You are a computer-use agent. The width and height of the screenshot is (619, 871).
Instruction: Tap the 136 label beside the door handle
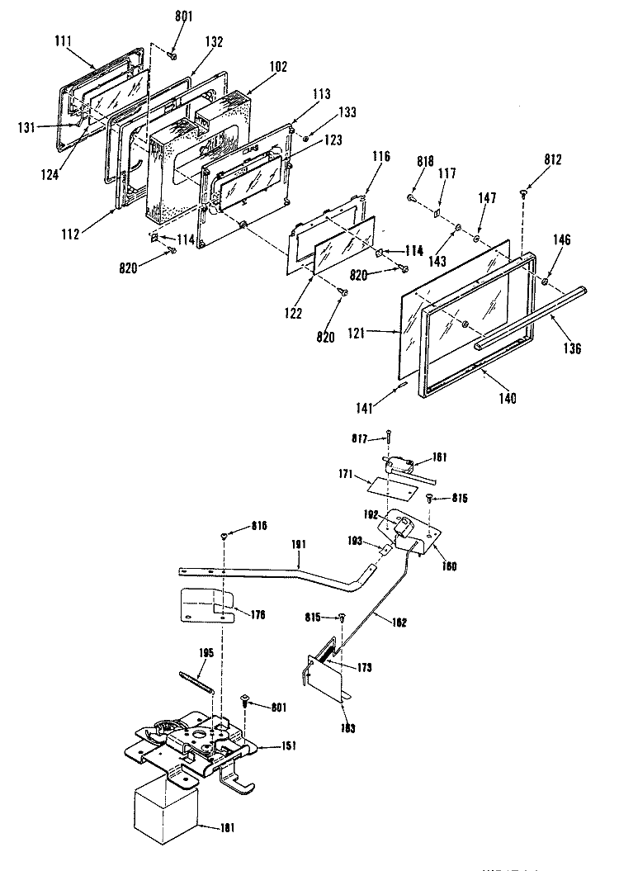click(573, 348)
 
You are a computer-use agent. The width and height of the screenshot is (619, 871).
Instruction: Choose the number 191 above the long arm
click(299, 545)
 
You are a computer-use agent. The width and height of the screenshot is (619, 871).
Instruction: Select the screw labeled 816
click(224, 537)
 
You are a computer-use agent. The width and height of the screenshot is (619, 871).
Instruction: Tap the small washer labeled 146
click(546, 282)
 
